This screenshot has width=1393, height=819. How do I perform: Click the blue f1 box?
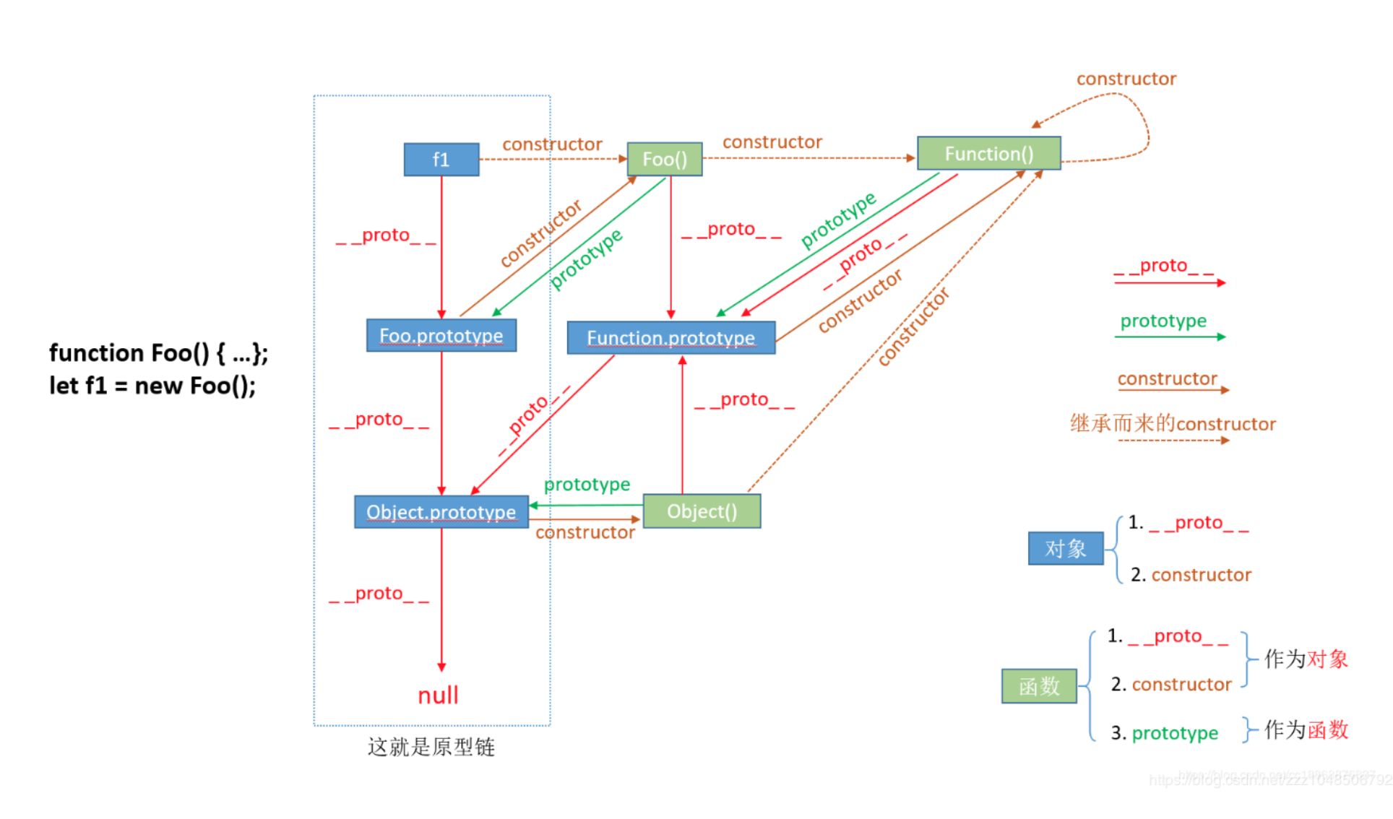tap(441, 160)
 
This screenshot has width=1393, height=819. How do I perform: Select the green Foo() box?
tap(664, 159)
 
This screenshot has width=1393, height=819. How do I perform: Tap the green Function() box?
tap(988, 154)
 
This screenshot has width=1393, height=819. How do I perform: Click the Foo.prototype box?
tap(441, 336)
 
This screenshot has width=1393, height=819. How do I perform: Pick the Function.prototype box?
tap(670, 338)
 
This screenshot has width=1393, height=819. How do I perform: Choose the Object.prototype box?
tap(441, 512)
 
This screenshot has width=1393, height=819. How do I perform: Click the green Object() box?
tap(701, 511)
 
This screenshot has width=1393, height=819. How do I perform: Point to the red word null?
tap(438, 695)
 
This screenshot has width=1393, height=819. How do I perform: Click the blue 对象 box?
tap(1066, 549)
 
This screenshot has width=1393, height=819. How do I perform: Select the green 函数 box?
tap(1039, 686)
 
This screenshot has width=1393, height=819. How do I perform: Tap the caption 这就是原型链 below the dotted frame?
tap(431, 747)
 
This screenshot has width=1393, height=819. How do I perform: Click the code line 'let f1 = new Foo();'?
tap(152, 386)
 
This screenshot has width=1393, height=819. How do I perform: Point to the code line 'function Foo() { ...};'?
tap(158, 353)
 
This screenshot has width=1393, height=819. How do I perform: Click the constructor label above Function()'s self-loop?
tap(1126, 79)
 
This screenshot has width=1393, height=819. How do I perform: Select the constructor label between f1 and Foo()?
tap(552, 144)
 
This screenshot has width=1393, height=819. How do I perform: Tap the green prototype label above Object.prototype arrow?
tap(587, 484)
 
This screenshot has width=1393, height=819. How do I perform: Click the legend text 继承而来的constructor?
tap(1173, 424)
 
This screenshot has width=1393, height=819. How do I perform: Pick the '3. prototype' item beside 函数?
tap(1164, 733)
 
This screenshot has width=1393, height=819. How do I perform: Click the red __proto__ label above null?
tap(379, 594)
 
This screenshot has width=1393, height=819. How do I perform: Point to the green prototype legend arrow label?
tap(1163, 321)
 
